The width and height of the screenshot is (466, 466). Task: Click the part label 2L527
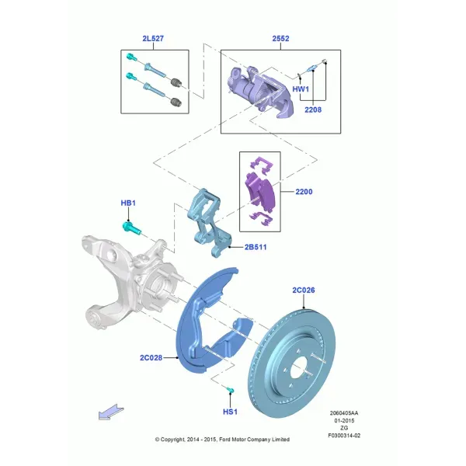pyautogui.click(x=153, y=38)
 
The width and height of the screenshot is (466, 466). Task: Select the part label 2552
pyautogui.click(x=280, y=38)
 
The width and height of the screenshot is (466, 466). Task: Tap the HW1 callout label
pyautogui.click(x=301, y=89)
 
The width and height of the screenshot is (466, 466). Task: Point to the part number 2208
pyautogui.click(x=313, y=110)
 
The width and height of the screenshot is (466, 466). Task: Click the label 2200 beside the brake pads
pyautogui.click(x=304, y=192)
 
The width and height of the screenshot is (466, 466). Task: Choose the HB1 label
pyautogui.click(x=128, y=203)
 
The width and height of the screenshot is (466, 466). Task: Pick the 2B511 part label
pyautogui.click(x=256, y=247)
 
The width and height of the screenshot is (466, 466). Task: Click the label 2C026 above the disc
pyautogui.click(x=303, y=290)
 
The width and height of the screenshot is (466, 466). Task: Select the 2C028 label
pyautogui.click(x=151, y=357)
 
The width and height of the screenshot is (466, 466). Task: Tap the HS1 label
pyautogui.click(x=230, y=412)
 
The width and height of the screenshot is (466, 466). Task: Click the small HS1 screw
pyautogui.click(x=231, y=390)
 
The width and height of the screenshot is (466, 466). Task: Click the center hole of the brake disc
pyautogui.click(x=298, y=367)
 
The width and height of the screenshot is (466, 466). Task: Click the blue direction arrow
pyautogui.click(x=110, y=412)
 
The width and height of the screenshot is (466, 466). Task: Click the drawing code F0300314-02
pyautogui.click(x=344, y=436)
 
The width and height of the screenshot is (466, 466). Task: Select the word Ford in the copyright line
pyautogui.click(x=224, y=440)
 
